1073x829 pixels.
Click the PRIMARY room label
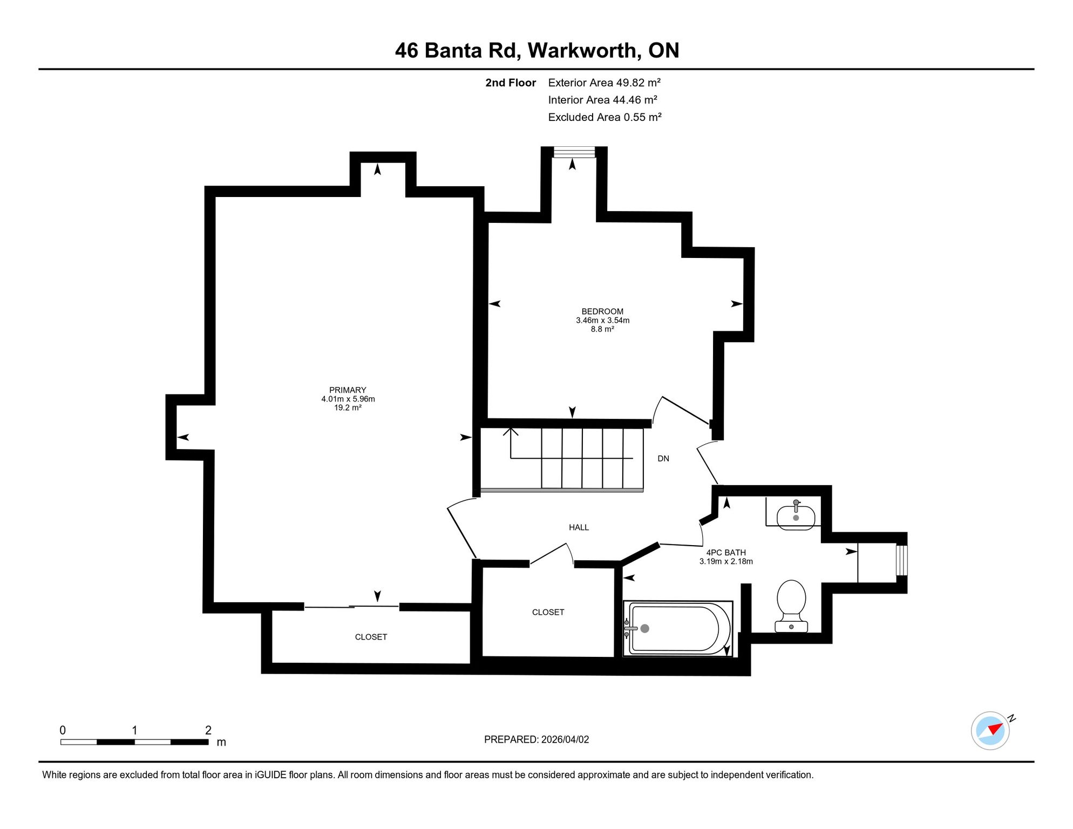pyautogui.click(x=348, y=390)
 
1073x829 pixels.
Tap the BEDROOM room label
pyautogui.click(x=602, y=311)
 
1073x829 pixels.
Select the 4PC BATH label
pyautogui.click(x=726, y=553)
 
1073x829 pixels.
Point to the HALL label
pyautogui.click(x=579, y=527)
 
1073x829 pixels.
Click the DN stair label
pyautogui.click(x=663, y=459)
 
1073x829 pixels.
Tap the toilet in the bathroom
pyautogui.click(x=791, y=606)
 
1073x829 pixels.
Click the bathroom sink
pyautogui.click(x=796, y=515)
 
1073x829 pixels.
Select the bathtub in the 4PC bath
pyautogui.click(x=678, y=629)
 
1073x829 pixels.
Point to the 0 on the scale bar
pyautogui.click(x=63, y=730)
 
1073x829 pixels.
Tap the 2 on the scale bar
pyautogui.click(x=208, y=730)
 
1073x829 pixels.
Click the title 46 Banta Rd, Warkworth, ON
pyautogui.click(x=537, y=51)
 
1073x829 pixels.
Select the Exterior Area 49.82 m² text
pyautogui.click(x=605, y=83)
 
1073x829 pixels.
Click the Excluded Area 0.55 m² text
pyautogui.click(x=605, y=117)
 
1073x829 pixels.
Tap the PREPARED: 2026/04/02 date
pyautogui.click(x=536, y=739)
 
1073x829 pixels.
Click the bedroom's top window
pyautogui.click(x=574, y=152)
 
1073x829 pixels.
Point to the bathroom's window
pyautogui.click(x=902, y=560)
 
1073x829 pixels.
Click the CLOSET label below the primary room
pyautogui.click(x=371, y=637)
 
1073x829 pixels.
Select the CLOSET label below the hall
pyautogui.click(x=548, y=612)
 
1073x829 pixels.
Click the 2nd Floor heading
pyautogui.click(x=511, y=83)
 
